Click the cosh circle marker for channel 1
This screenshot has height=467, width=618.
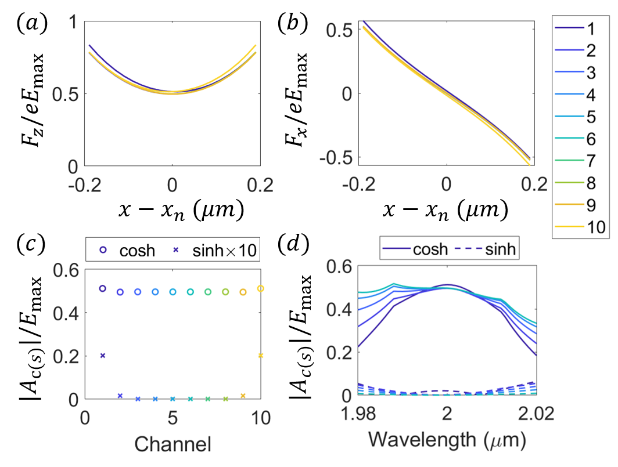click(103, 288)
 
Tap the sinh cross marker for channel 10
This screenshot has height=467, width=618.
click(261, 356)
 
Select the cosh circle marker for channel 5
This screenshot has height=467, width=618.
click(173, 292)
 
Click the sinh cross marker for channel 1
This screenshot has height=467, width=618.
click(103, 356)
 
